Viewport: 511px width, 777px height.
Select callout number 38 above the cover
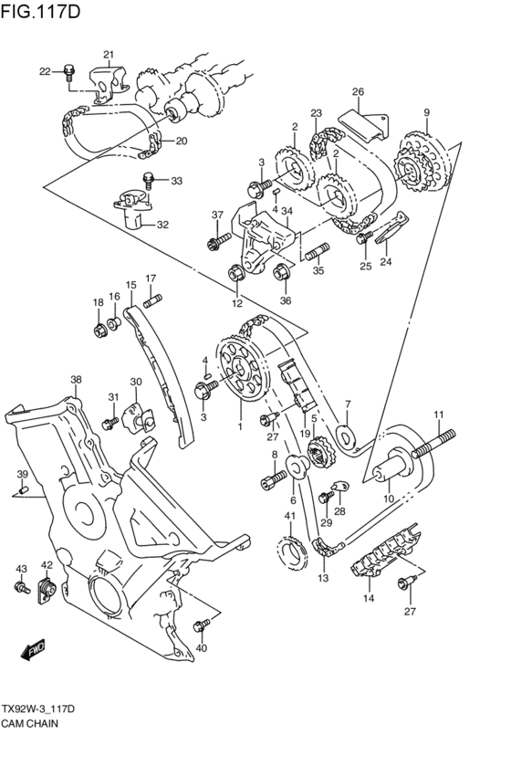[x=76, y=379]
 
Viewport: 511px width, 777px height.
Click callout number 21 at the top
[x=108, y=55]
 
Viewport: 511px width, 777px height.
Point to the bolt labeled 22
[x=69, y=73]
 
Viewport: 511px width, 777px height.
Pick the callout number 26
[x=358, y=91]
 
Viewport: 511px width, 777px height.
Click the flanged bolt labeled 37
[x=216, y=242]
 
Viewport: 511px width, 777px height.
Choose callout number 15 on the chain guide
[x=130, y=286]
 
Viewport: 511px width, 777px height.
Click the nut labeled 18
[x=99, y=329]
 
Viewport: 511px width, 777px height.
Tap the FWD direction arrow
[x=33, y=650]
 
